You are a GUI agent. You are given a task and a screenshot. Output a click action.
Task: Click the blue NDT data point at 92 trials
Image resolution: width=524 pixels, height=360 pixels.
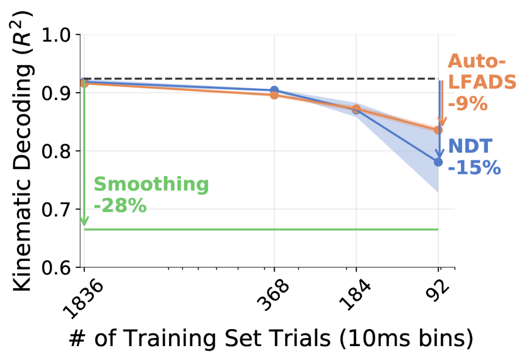pos(438,162)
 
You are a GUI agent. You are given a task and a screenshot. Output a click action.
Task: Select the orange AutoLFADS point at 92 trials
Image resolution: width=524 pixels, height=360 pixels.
pos(438,130)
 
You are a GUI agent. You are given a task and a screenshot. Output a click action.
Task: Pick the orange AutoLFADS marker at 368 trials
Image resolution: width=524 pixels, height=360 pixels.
pos(274,95)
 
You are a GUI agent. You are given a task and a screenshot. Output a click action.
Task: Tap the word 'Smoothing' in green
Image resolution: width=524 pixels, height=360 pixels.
pos(151,185)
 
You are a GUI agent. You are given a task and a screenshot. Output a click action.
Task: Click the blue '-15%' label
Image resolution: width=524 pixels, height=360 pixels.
pos(474,168)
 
